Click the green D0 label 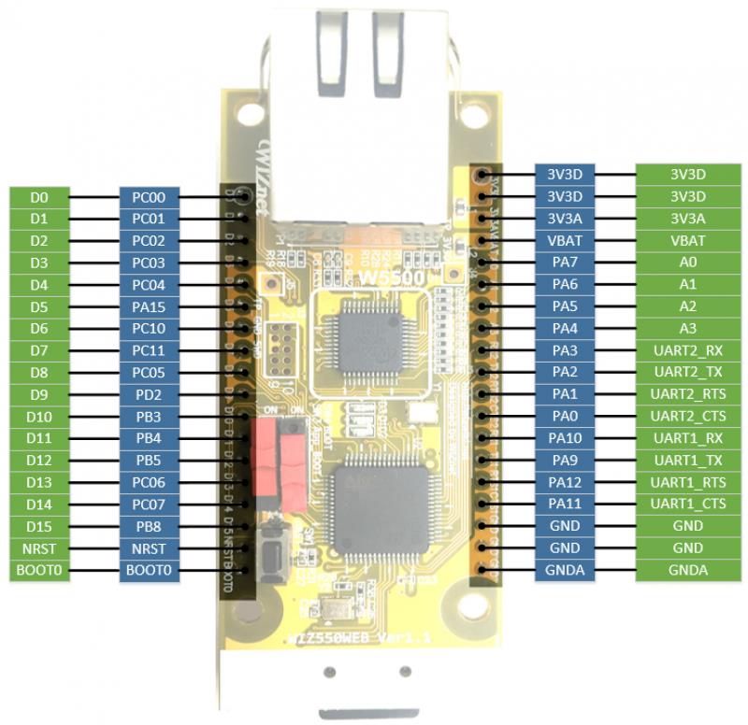point(38,197)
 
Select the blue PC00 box point(149,197)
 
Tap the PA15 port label point(149,306)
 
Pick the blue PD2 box point(149,394)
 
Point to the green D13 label point(38,482)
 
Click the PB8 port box point(149,526)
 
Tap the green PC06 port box point(149,482)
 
